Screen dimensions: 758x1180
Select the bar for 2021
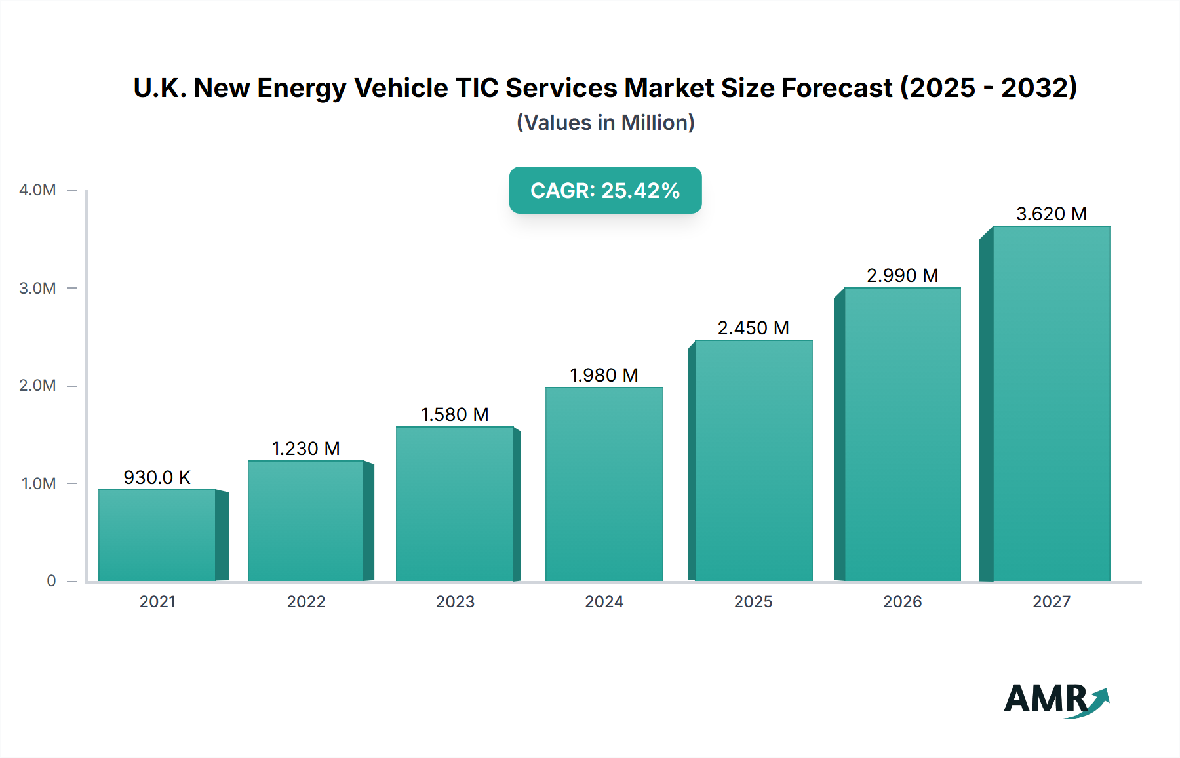click(x=157, y=535)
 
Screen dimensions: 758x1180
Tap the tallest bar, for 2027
click(x=1051, y=403)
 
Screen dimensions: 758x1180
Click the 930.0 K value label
click(x=157, y=477)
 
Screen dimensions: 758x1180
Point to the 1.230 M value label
click(x=305, y=449)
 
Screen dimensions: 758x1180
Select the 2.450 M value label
click(x=753, y=328)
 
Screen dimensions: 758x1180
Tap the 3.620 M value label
click(x=1051, y=214)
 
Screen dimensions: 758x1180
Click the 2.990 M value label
click(x=902, y=275)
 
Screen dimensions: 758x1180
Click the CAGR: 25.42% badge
click(x=605, y=190)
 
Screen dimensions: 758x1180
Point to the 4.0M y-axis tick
click(x=37, y=190)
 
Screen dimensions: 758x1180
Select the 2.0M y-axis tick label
click(x=37, y=386)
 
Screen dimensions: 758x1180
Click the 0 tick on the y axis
click(x=51, y=581)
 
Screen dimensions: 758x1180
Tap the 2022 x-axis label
click(x=306, y=601)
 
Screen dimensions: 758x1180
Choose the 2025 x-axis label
click(x=753, y=601)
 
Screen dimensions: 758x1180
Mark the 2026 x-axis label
click(x=902, y=601)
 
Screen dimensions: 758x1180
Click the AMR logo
click(x=1055, y=700)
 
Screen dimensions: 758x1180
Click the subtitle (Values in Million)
click(x=605, y=123)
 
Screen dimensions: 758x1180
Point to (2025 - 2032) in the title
click(x=989, y=88)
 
